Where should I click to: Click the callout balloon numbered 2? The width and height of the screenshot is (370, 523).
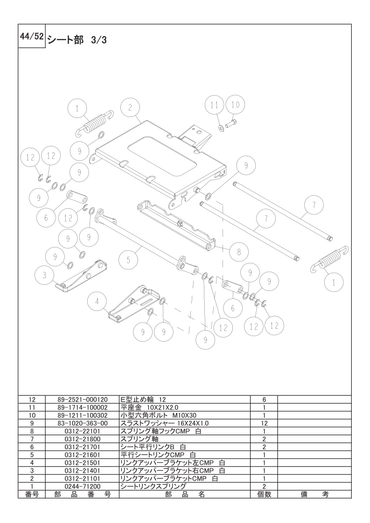[131, 107]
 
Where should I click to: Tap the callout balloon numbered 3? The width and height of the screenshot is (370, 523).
[44, 275]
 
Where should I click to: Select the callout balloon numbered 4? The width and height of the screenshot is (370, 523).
[97, 302]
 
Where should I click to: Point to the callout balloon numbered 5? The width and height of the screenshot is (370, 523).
[128, 259]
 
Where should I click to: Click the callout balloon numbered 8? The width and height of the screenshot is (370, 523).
[238, 252]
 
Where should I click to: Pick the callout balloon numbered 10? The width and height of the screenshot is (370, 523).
[235, 105]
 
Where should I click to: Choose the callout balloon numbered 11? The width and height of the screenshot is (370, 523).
[214, 106]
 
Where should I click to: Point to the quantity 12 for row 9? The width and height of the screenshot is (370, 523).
[264, 423]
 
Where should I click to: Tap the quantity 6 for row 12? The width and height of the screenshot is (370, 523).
[264, 400]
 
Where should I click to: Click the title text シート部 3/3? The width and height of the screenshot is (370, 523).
[77, 41]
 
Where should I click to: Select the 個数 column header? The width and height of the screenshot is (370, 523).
[264, 494]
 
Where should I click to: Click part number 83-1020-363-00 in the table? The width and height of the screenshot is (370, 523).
[82, 423]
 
